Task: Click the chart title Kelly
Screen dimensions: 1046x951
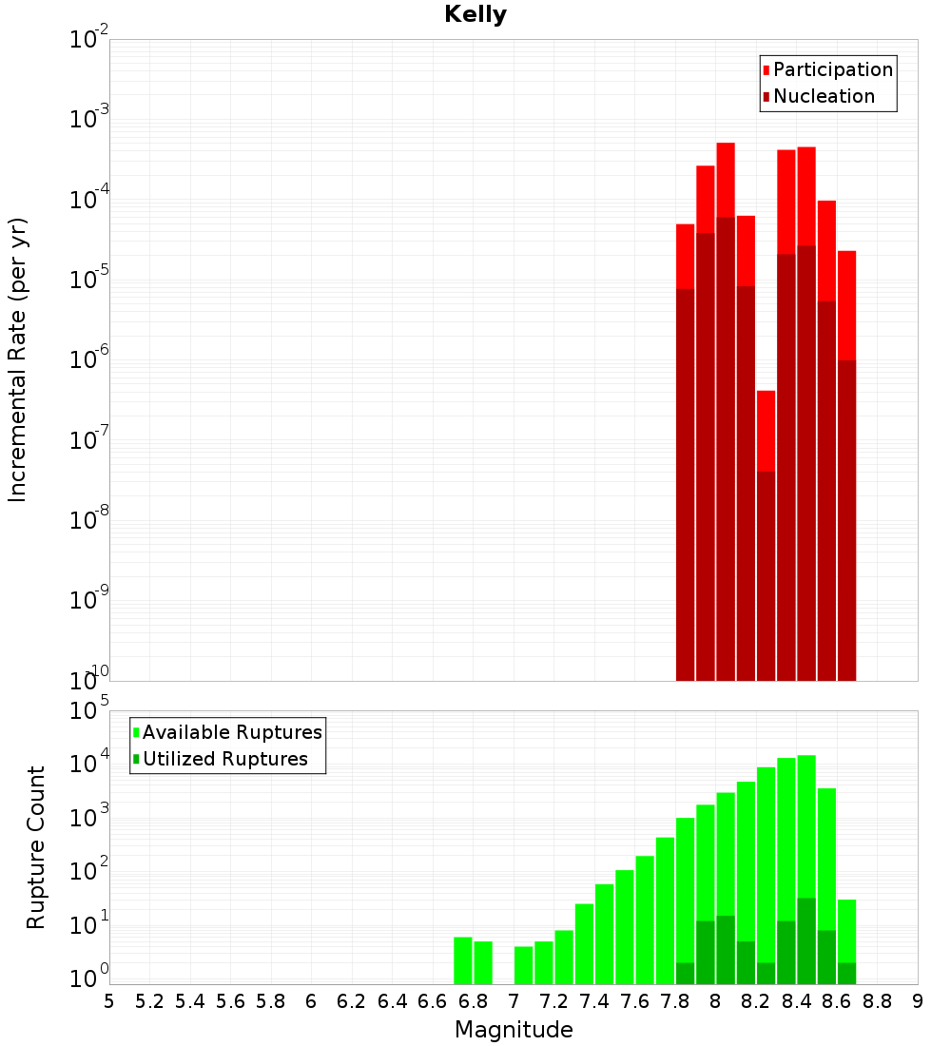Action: (475, 15)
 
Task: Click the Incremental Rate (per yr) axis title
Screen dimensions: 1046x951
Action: (18, 360)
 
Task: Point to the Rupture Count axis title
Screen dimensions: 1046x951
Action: (36, 847)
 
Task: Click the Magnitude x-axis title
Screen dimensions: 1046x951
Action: (514, 1030)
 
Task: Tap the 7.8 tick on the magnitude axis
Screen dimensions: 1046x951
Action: (675, 1001)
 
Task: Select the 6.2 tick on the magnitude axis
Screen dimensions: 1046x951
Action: (352, 1001)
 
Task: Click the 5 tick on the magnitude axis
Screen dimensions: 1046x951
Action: (109, 1001)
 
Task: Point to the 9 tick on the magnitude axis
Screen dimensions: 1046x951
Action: (918, 1001)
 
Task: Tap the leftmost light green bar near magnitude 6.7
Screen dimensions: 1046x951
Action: (463, 960)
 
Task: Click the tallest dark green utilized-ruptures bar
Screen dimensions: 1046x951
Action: (806, 940)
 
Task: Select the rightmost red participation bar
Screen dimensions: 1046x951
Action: (847, 304)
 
